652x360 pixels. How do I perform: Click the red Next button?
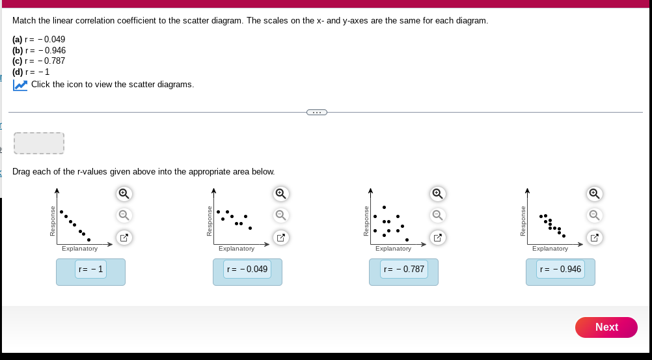click(606, 327)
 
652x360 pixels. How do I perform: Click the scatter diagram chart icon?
click(20, 85)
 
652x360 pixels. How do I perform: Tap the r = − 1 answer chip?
click(90, 269)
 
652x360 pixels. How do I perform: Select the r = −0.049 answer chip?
click(247, 269)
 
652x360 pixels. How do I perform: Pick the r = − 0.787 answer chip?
click(404, 269)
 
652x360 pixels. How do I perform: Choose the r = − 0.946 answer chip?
click(561, 269)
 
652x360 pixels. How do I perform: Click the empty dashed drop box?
click(39, 143)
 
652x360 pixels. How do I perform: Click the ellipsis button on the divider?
click(316, 112)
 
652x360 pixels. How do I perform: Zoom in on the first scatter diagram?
click(124, 193)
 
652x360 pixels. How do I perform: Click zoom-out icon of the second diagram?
click(280, 214)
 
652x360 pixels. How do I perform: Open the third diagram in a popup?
click(437, 238)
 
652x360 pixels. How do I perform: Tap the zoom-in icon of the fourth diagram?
click(593, 193)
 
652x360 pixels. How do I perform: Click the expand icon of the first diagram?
click(124, 238)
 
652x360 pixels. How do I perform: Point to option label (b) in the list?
click(18, 50)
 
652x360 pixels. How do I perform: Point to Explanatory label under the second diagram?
click(236, 249)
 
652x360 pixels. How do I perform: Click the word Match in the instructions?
click(24, 21)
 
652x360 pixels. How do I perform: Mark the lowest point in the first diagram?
click(89, 240)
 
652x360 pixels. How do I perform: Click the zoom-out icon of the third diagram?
click(437, 214)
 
